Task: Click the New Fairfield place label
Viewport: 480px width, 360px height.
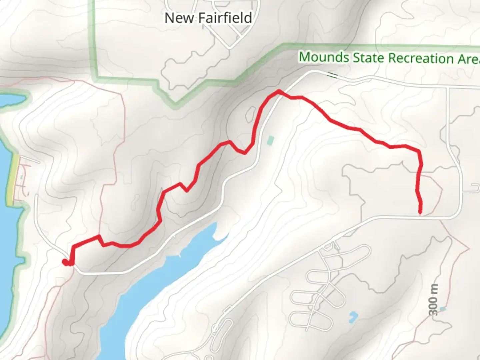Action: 208,18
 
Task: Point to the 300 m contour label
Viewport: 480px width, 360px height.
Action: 433,300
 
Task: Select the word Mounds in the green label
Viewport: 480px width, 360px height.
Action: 324,57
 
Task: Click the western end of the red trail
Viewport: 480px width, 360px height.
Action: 64,262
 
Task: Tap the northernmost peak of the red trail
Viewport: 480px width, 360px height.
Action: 278,91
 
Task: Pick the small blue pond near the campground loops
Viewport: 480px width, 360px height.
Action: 353,317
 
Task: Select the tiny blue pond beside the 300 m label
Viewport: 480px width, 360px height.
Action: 443,309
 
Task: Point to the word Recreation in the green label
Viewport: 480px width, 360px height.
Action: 421,58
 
